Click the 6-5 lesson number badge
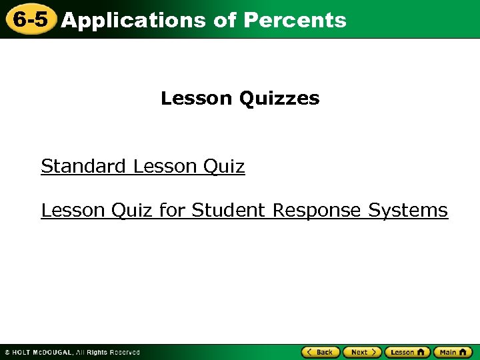click(30, 19)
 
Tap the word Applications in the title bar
click(133, 21)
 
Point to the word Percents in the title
click(295, 20)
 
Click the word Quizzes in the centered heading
click(279, 99)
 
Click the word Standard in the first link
click(83, 166)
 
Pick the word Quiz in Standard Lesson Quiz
click(224, 167)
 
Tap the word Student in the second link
click(229, 211)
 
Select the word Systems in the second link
click(408, 211)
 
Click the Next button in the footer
click(362, 352)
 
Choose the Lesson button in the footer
click(407, 352)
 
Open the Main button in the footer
click(453, 352)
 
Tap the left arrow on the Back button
click(309, 352)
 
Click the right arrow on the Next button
click(375, 352)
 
